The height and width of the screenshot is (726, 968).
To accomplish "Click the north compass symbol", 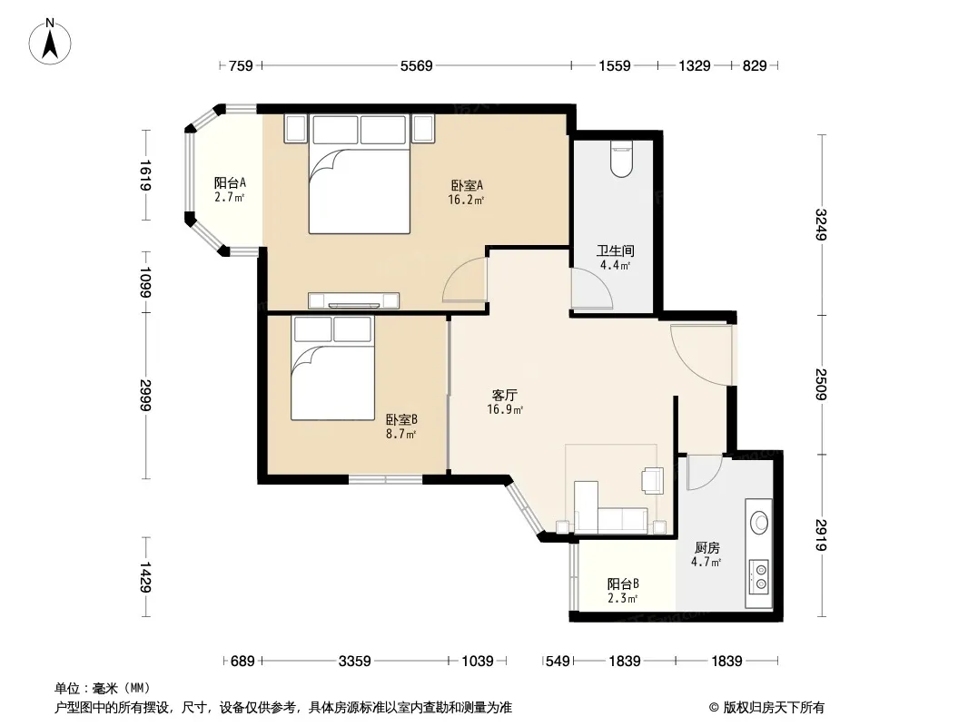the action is pyautogui.click(x=50, y=42).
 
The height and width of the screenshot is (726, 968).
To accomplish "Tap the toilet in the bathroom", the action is pyautogui.click(x=621, y=159).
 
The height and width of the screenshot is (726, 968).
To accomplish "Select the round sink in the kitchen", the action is pyautogui.click(x=759, y=523).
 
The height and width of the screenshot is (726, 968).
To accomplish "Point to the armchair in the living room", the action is pyautogui.click(x=653, y=480).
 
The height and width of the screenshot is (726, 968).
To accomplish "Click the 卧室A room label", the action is pyautogui.click(x=467, y=185).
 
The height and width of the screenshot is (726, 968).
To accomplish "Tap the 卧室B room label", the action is pyautogui.click(x=401, y=419).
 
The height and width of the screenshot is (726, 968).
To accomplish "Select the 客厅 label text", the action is pyautogui.click(x=504, y=395).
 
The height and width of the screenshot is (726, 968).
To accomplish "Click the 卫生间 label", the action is pyautogui.click(x=615, y=251).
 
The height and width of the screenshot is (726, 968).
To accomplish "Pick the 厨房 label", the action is pyautogui.click(x=706, y=548).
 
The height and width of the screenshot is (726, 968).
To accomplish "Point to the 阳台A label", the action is pyautogui.click(x=230, y=182).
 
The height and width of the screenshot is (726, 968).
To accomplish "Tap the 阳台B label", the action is pyautogui.click(x=623, y=584).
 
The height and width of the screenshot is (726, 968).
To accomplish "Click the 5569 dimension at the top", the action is pyautogui.click(x=417, y=65).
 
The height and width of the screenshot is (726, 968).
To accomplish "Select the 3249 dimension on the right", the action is pyautogui.click(x=821, y=224).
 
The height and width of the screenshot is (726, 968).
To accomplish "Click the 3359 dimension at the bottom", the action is pyautogui.click(x=355, y=662).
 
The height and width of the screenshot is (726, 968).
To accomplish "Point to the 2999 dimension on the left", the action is pyautogui.click(x=145, y=395).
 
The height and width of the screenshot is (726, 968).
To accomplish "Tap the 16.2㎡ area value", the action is pyautogui.click(x=466, y=200).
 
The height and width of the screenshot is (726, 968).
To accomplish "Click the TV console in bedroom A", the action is pyautogui.click(x=354, y=300).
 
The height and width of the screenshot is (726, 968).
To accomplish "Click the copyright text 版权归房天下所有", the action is pyautogui.click(x=773, y=708).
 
